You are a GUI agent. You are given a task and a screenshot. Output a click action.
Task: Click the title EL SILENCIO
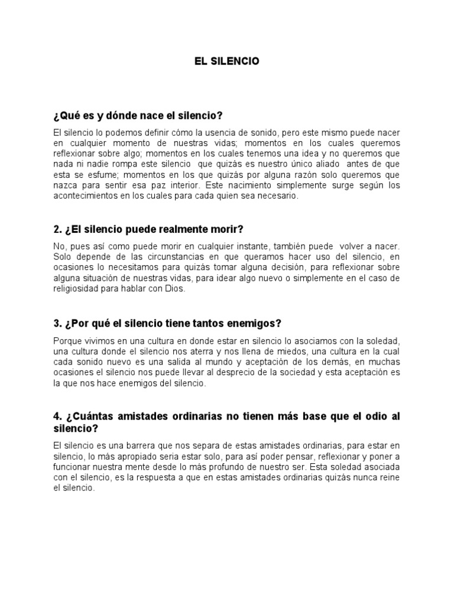point(227,61)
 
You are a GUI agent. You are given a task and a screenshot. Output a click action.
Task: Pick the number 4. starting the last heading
point(57,417)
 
